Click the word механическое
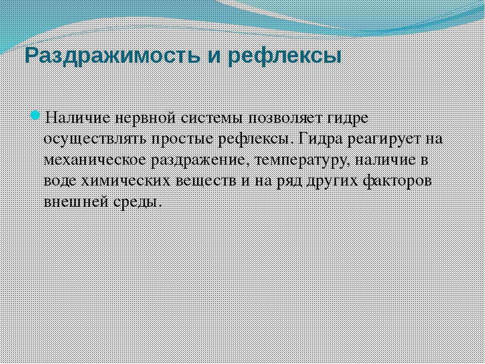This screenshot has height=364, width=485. (x=95, y=160)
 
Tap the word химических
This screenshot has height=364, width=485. (x=126, y=181)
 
